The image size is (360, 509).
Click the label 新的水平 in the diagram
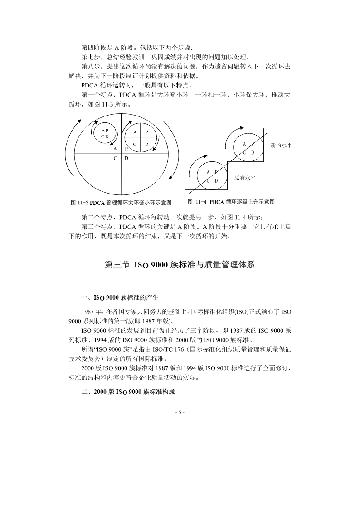[x=281, y=145]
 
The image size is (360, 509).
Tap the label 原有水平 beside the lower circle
[x=245, y=178]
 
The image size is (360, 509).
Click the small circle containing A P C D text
[x=105, y=133]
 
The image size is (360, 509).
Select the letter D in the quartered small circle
[x=146, y=144]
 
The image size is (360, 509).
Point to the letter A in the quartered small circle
[x=135, y=132]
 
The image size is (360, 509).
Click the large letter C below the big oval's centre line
[x=116, y=158]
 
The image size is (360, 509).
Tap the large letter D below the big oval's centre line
[x=126, y=158]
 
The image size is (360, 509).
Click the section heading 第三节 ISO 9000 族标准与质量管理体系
[x=180, y=264]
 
